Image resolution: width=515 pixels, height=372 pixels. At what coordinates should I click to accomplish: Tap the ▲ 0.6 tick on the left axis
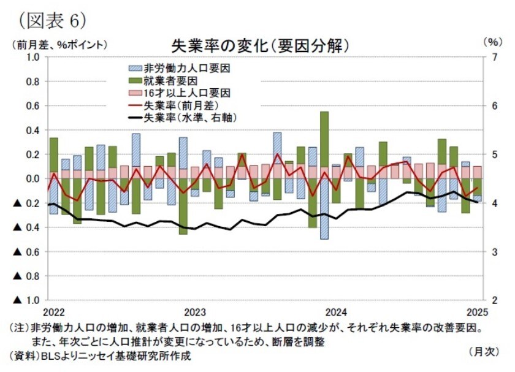click(x=28, y=252)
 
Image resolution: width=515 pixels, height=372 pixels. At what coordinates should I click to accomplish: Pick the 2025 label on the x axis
click(x=478, y=311)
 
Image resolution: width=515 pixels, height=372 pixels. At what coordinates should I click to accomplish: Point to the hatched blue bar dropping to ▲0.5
click(x=324, y=208)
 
